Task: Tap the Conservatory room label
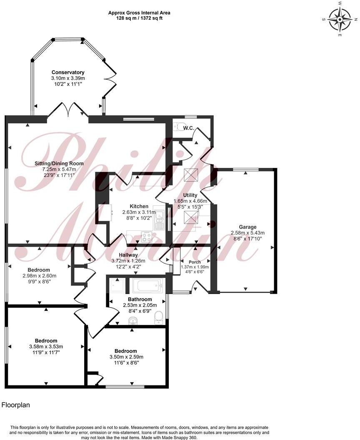68,72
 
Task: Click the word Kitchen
139,206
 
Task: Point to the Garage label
247,227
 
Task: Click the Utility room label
190,195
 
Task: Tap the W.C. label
188,128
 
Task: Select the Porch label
195,262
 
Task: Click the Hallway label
128,255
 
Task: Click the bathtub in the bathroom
147,286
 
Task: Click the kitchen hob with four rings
147,237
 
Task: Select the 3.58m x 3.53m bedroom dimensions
46,347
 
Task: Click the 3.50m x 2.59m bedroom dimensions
126,357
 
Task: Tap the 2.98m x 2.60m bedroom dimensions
39,275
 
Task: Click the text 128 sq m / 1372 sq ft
139,19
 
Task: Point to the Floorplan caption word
16,405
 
